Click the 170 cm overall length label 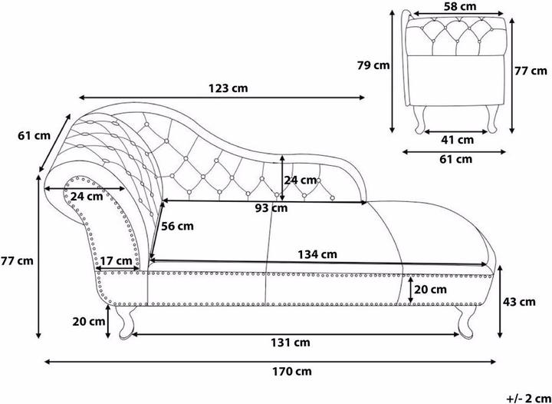[x=292, y=371]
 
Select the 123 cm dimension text [x=228, y=88]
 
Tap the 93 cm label [x=271, y=208]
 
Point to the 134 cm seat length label [x=317, y=254]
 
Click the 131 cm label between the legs [x=290, y=343]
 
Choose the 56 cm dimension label [x=177, y=226]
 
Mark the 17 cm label [x=116, y=261]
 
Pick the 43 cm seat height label [x=519, y=302]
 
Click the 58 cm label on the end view [x=459, y=6]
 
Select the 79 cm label [x=373, y=65]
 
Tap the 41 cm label [x=457, y=140]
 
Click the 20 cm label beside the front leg [x=89, y=322]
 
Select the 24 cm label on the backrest [x=301, y=180]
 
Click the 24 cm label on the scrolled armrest [x=87, y=196]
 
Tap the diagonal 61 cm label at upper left [x=34, y=135]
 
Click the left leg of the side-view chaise [x=126, y=323]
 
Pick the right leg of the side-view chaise [x=465, y=320]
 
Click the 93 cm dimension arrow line [x=264, y=201]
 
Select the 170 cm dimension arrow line [x=270, y=361]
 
